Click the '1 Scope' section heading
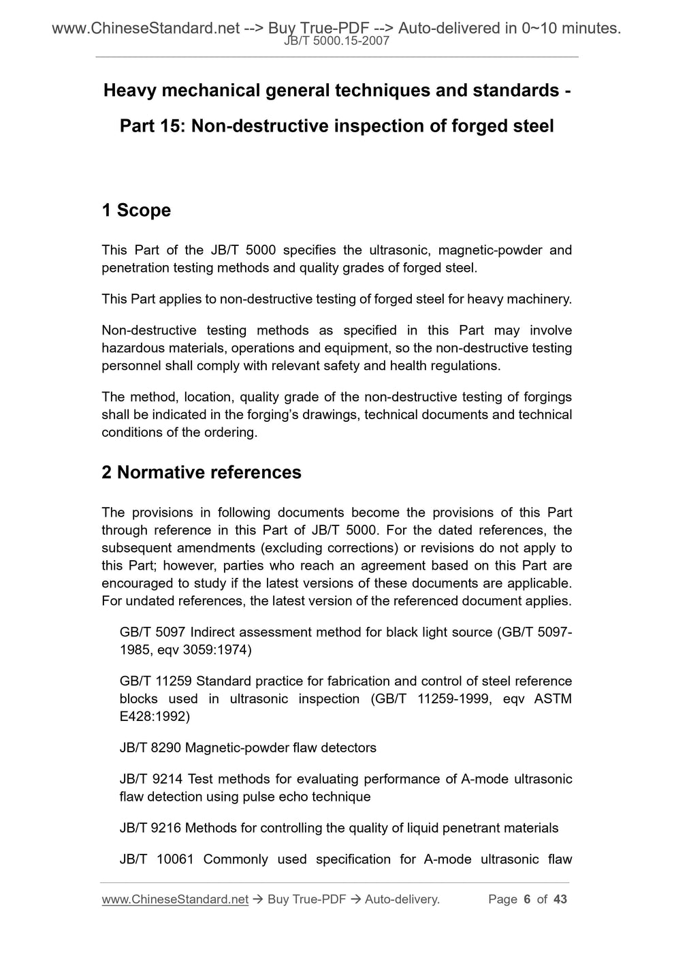pos(136,211)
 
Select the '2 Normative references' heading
pos(202,473)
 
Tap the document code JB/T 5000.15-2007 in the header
pos(337,41)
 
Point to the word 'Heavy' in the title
pos(129,91)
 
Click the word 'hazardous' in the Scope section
pos(132,348)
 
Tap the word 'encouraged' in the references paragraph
pos(135,583)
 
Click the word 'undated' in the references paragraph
pos(153,601)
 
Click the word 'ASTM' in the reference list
pos(553,699)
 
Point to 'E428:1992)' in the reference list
pos(155,717)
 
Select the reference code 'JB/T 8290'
pos(150,748)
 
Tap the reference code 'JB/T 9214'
pos(150,780)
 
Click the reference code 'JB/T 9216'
pos(150,829)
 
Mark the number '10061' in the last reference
pos(175,860)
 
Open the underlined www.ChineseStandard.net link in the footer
pos(175,900)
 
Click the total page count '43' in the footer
pos(560,900)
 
